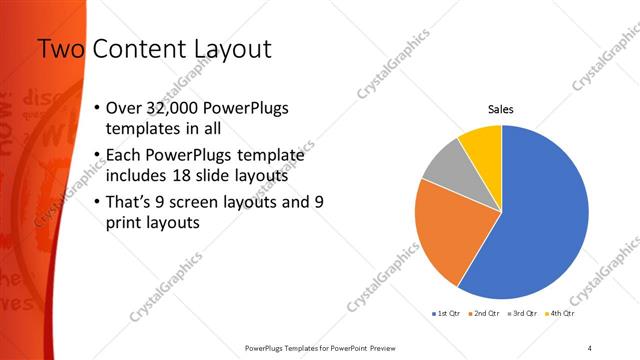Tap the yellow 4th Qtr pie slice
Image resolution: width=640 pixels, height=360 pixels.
tap(482, 144)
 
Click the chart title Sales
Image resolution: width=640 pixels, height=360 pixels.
tap(501, 111)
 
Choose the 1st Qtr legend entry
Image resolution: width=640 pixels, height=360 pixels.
tap(447, 314)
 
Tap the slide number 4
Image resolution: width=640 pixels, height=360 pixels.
tap(590, 347)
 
